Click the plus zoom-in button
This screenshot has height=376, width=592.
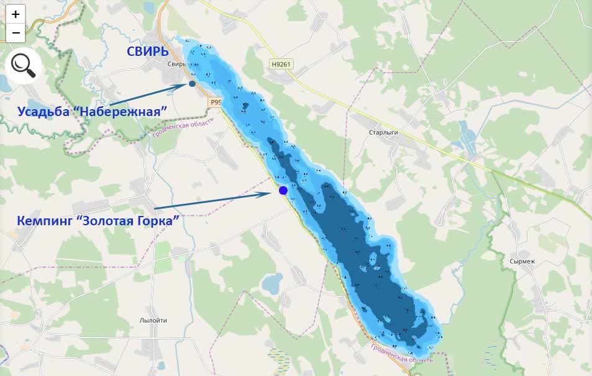pos(16,14)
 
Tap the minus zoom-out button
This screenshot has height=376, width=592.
pos(16,32)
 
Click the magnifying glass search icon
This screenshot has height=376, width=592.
pos(23,65)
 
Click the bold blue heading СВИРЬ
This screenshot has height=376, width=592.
pos(148,51)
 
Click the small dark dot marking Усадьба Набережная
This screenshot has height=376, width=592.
pos(192,84)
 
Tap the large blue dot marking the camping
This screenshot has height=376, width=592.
pos(283,190)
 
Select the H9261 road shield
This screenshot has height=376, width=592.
pos(281,64)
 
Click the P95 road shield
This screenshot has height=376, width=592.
pos(215,102)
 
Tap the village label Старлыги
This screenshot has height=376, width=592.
pos(383,133)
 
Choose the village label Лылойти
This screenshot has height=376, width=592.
pos(153,320)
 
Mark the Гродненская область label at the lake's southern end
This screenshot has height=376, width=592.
pos(401,352)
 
